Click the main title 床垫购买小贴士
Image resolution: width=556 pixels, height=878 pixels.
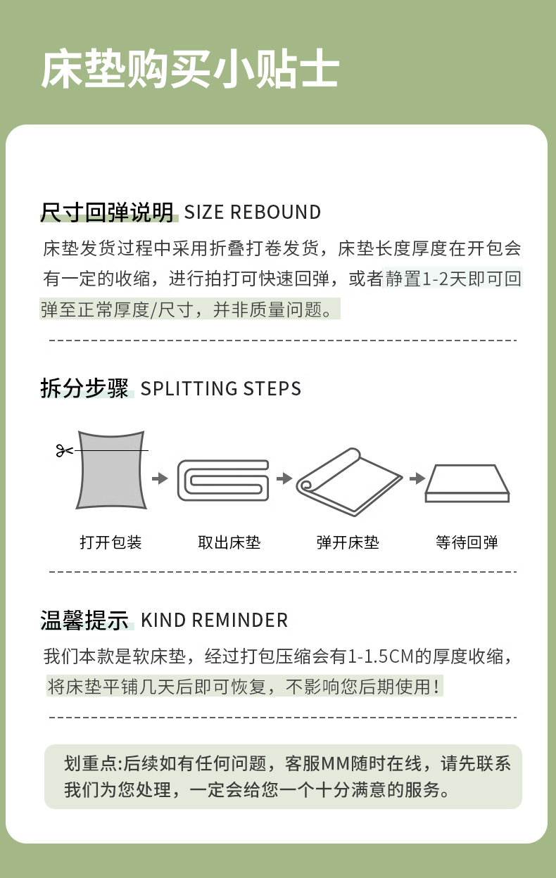[x=190, y=69]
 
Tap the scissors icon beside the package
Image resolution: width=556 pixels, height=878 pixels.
[x=64, y=450]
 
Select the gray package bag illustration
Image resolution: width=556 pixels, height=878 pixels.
[x=111, y=470]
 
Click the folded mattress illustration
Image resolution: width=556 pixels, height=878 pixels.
[x=223, y=480]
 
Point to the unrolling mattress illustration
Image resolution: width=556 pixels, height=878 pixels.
[x=349, y=482]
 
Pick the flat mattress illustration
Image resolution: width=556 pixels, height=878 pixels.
[x=467, y=483]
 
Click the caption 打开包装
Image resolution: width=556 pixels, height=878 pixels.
[x=110, y=542]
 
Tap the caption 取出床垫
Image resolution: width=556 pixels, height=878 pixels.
[x=229, y=542]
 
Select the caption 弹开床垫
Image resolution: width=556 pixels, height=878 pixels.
[x=348, y=542]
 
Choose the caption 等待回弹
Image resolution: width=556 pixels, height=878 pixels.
[x=467, y=542]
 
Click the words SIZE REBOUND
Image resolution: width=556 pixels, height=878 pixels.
[x=253, y=212]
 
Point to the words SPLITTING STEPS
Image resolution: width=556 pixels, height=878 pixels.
[x=221, y=388]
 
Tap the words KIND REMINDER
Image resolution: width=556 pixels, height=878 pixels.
[x=214, y=620]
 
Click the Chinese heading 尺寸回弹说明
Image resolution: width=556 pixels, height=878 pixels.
[x=107, y=212]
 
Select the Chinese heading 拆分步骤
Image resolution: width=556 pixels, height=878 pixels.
[x=84, y=388]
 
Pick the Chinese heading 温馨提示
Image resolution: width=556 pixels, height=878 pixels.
[x=84, y=620]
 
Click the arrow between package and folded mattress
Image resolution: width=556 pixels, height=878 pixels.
[x=160, y=478]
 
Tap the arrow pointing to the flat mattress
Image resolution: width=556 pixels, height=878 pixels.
[x=417, y=478]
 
